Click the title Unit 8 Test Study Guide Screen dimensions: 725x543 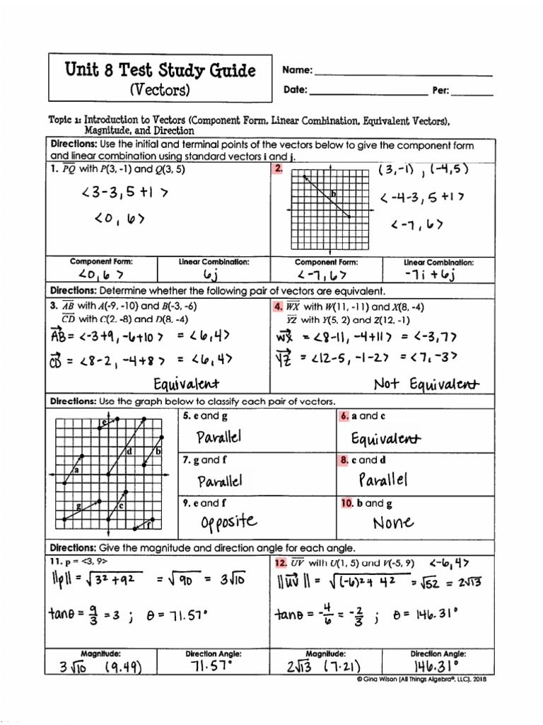(x=160, y=70)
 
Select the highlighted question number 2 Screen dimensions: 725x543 (x=279, y=169)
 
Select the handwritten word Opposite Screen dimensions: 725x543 (x=228, y=523)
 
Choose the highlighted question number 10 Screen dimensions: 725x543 (x=346, y=503)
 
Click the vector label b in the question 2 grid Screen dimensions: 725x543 (x=333, y=193)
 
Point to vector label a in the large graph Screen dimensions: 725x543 (x=76, y=469)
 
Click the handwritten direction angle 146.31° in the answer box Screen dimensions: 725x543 (x=434, y=667)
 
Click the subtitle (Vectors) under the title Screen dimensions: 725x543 (x=160, y=90)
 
